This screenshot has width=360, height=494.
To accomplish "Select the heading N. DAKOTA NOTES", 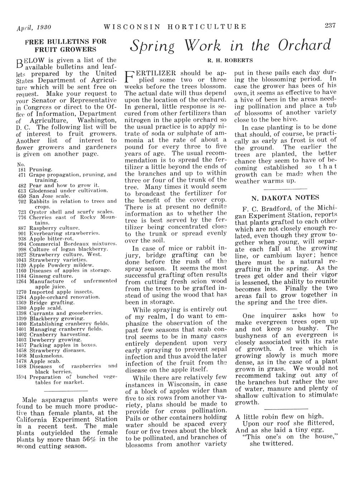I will coord(285,198).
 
